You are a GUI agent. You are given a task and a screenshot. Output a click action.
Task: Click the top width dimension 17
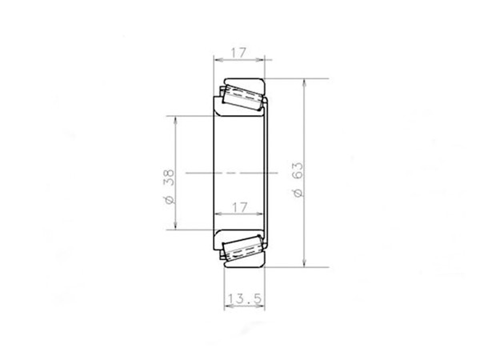238,52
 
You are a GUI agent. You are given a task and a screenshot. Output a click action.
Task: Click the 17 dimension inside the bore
238,207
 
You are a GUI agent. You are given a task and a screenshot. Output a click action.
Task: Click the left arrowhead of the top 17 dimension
216,59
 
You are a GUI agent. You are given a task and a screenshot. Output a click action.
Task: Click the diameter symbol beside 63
298,193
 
